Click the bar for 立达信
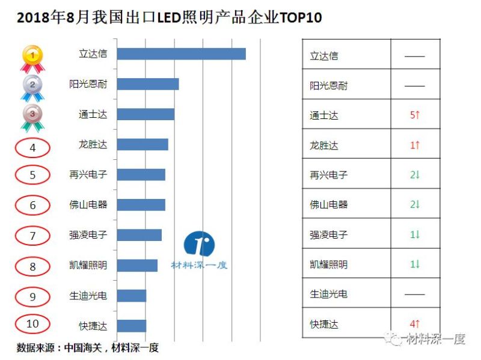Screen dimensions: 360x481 click(x=181, y=53)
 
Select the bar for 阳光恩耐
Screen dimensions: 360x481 click(x=148, y=84)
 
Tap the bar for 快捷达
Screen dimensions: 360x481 click(x=131, y=326)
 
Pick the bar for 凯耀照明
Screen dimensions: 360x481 click(x=137, y=265)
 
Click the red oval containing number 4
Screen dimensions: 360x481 click(x=32, y=146)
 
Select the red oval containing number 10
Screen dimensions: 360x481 click(x=32, y=324)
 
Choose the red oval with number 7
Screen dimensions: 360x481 click(x=32, y=236)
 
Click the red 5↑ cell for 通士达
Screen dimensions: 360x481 click(x=414, y=115)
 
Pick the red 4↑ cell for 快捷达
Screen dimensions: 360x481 click(x=414, y=325)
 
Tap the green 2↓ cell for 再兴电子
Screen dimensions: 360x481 click(x=414, y=175)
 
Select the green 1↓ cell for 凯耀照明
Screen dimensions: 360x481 click(x=414, y=264)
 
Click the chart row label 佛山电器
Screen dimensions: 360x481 click(x=88, y=205)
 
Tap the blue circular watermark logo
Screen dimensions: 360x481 click(x=199, y=243)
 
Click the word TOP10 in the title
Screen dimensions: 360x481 click(x=299, y=18)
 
